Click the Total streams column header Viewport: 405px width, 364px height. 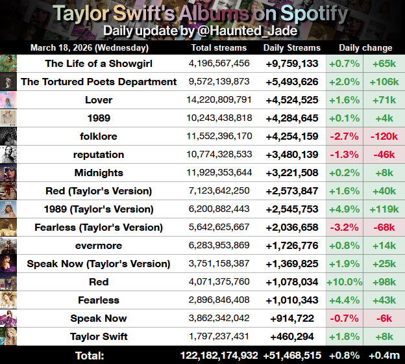point(219,47)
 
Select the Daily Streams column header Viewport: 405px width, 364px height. point(291,47)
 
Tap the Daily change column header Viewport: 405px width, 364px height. point(365,47)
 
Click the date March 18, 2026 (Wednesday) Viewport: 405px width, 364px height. point(90,47)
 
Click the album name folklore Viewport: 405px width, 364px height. point(99,136)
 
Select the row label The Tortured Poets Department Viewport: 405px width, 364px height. point(99,82)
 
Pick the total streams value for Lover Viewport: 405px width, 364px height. point(219,100)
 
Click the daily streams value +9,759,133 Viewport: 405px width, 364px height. point(291,64)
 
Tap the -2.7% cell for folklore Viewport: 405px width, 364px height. point(345,136)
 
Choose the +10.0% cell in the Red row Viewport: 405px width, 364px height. point(345,282)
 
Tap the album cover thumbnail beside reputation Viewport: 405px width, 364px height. point(8,155)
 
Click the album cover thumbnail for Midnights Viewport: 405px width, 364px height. point(8,173)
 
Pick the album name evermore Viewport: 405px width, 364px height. point(99,246)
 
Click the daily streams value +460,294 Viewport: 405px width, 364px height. point(291,337)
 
